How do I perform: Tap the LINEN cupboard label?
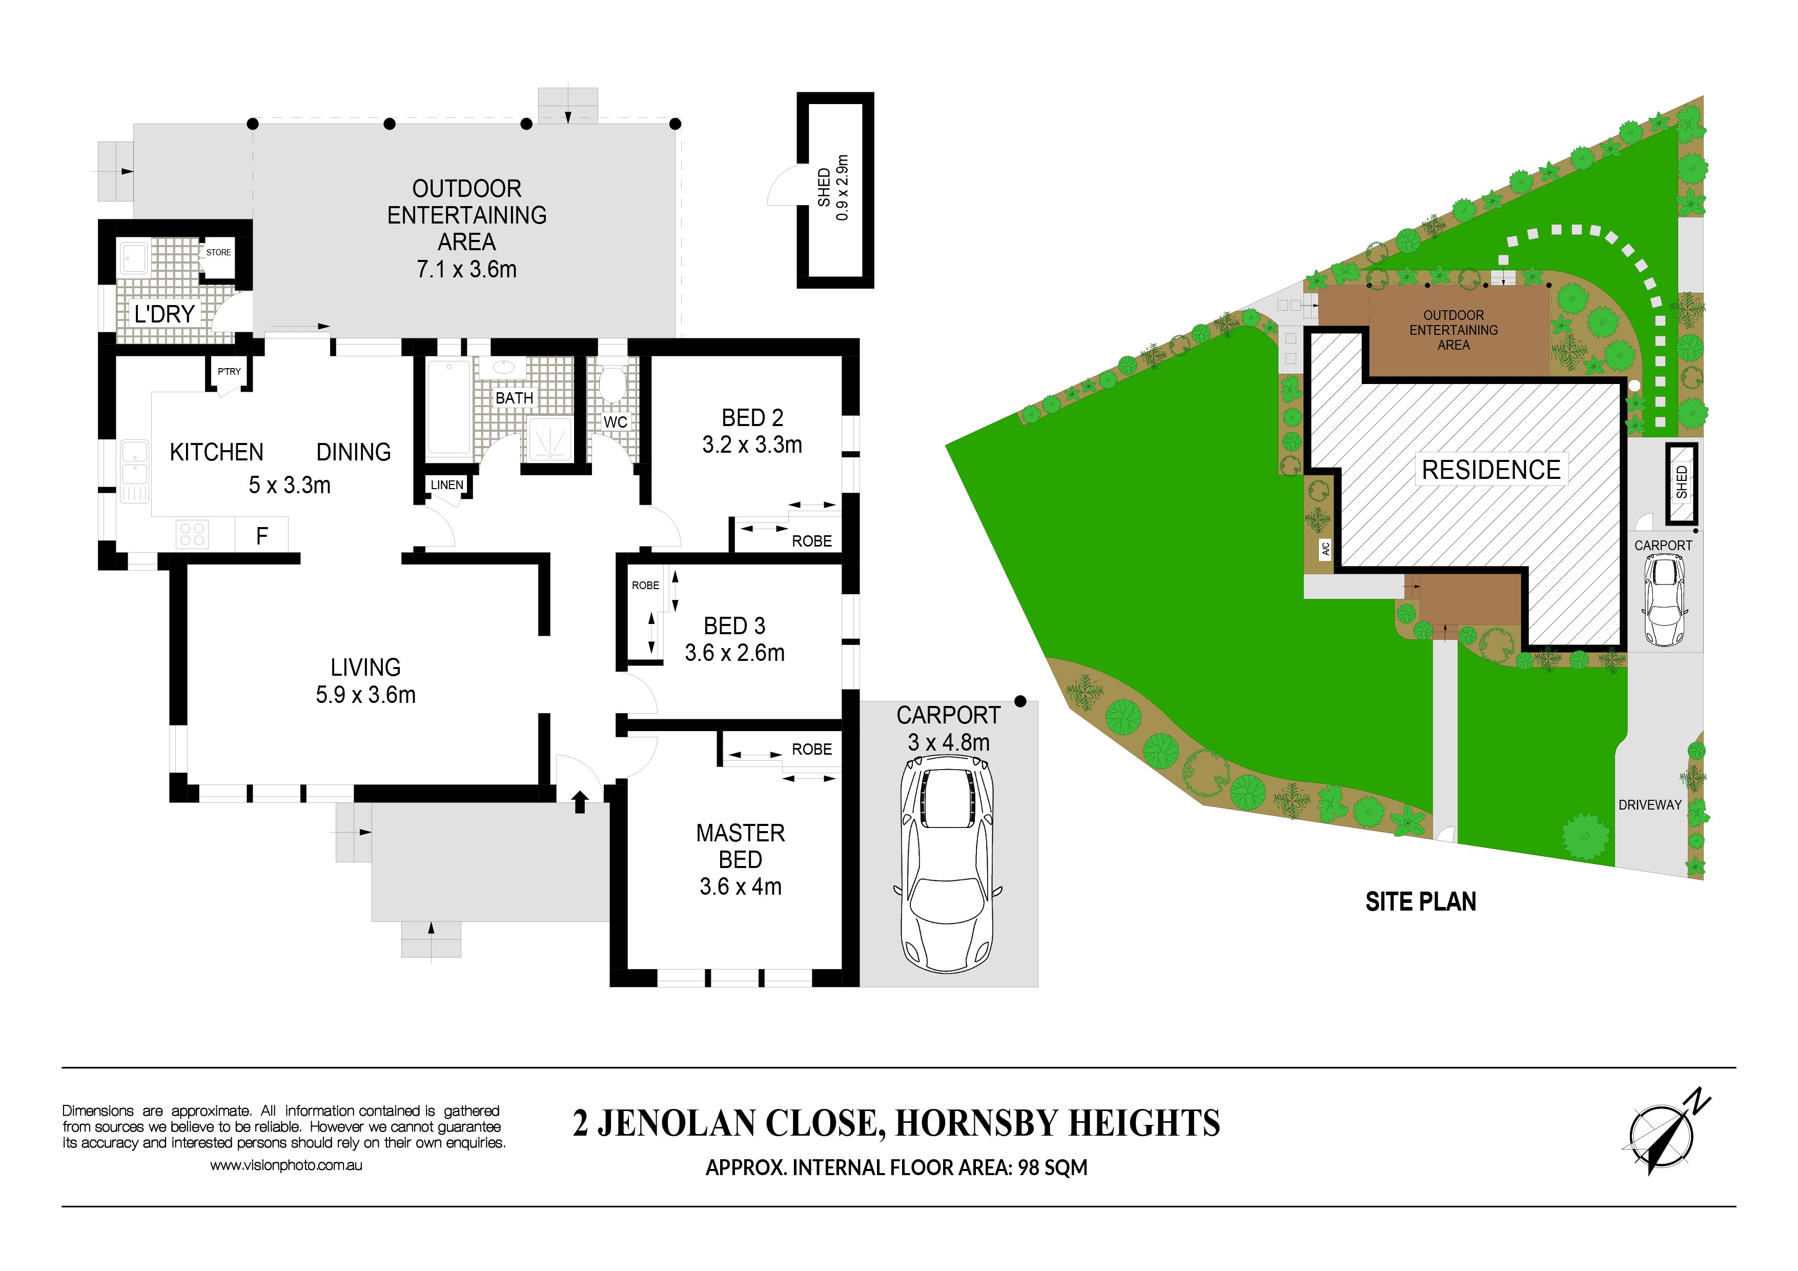point(447,485)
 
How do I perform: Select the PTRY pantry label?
point(230,371)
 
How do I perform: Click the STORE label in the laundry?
point(218,252)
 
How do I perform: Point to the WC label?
point(616,422)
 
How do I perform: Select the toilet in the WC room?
point(611,384)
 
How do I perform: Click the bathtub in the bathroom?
point(448,407)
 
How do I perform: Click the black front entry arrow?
point(580,801)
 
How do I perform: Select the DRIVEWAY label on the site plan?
point(1650,805)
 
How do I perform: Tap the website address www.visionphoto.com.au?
point(286,1165)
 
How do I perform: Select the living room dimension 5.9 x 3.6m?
point(366,695)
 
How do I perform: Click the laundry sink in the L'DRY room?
point(133,258)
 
